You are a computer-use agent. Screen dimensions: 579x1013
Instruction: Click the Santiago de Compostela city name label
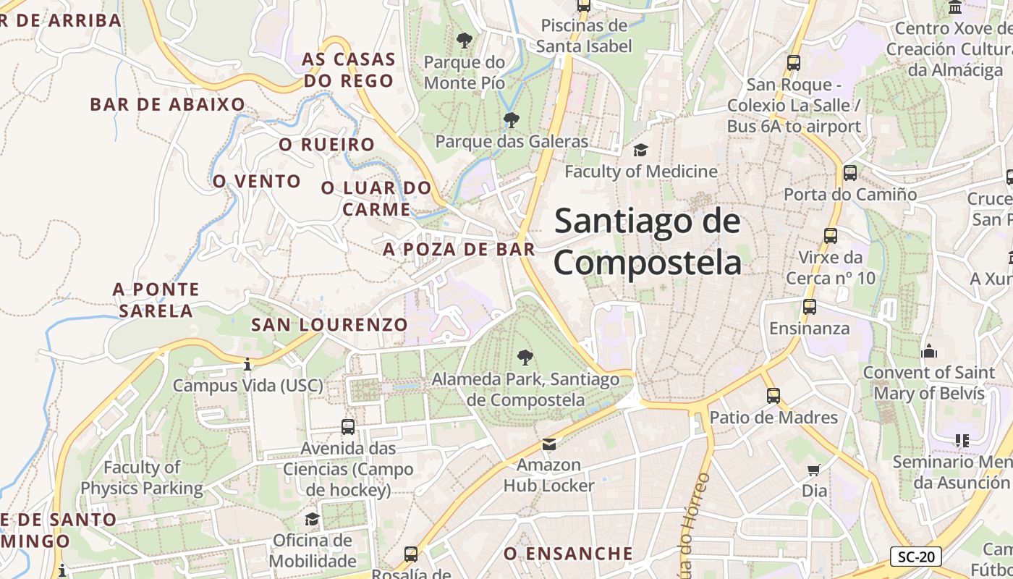pyautogui.click(x=648, y=242)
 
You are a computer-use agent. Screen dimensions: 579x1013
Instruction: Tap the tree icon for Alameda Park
pyautogui.click(x=525, y=357)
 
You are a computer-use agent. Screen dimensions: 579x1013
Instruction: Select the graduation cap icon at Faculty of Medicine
pyautogui.click(x=640, y=150)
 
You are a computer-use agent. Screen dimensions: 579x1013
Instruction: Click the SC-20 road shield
pyautogui.click(x=915, y=557)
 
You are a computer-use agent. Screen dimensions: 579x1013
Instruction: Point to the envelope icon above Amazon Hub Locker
pyautogui.click(x=549, y=444)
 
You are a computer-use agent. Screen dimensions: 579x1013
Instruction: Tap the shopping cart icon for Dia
pyautogui.click(x=814, y=470)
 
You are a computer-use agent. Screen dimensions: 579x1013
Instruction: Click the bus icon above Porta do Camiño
pyautogui.click(x=850, y=173)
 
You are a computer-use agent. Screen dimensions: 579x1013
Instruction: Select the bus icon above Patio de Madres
pyautogui.click(x=773, y=396)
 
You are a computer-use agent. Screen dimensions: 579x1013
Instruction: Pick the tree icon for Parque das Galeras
pyautogui.click(x=512, y=119)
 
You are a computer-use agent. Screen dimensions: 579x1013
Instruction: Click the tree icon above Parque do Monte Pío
pyautogui.click(x=464, y=41)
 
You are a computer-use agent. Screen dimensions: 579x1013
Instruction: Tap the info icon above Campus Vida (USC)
pyautogui.click(x=247, y=364)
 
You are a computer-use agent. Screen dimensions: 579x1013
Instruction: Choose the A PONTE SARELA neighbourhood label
pyautogui.click(x=156, y=300)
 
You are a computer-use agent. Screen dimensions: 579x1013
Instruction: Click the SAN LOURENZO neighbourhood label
pyautogui.click(x=329, y=325)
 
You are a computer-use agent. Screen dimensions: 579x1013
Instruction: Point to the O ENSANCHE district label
pyautogui.click(x=568, y=554)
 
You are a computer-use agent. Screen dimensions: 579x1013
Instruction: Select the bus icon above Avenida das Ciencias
pyautogui.click(x=348, y=427)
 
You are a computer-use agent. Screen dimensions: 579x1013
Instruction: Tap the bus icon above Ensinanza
pyautogui.click(x=810, y=307)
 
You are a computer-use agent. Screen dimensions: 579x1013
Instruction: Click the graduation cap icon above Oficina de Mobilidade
pyautogui.click(x=313, y=519)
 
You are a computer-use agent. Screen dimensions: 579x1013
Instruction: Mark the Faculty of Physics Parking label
pyautogui.click(x=142, y=478)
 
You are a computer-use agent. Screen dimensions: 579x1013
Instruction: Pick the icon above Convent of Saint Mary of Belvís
pyautogui.click(x=929, y=352)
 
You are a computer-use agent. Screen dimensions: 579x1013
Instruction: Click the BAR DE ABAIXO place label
pyautogui.click(x=168, y=104)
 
